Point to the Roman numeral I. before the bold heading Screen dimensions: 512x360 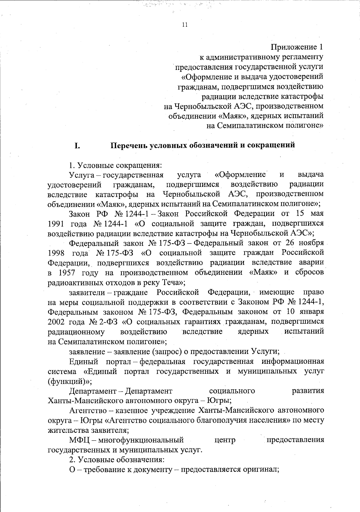[x=77, y=146]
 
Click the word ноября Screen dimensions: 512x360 [x=311, y=243]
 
